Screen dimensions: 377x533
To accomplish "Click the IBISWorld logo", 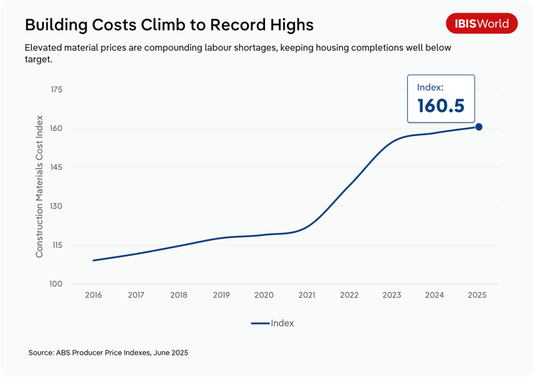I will tap(481, 24).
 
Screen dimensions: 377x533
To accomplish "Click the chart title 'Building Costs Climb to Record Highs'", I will tap(170, 24).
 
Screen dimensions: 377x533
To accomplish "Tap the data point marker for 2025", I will tap(479, 127).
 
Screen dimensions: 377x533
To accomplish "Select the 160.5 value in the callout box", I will tap(440, 106).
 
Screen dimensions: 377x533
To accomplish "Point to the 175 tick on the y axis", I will tap(56, 89).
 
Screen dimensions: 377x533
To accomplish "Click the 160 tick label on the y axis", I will tap(56, 129).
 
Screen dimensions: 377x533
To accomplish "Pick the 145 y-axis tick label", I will tap(56, 167).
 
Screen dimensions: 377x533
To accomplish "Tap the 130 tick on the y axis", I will tap(56, 206).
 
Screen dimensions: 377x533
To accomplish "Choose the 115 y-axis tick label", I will tap(56, 245).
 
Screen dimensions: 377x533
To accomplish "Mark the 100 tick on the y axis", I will tap(56, 284).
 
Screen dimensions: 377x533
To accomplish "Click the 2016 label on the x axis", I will tap(93, 295).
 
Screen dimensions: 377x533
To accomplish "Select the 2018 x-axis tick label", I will tap(178, 295).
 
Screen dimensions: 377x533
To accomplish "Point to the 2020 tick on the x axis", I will tap(264, 295).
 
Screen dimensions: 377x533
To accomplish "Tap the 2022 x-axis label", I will tap(349, 295).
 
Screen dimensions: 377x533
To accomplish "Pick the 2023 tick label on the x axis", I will tap(392, 295).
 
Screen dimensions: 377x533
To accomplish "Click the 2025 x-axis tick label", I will tap(477, 295).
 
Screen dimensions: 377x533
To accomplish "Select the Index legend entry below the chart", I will tap(273, 323).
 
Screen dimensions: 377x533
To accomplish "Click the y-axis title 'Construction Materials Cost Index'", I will tap(40, 186).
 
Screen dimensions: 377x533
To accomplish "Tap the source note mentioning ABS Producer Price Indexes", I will tap(108, 353).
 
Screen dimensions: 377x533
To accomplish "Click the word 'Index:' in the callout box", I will tap(430, 87).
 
